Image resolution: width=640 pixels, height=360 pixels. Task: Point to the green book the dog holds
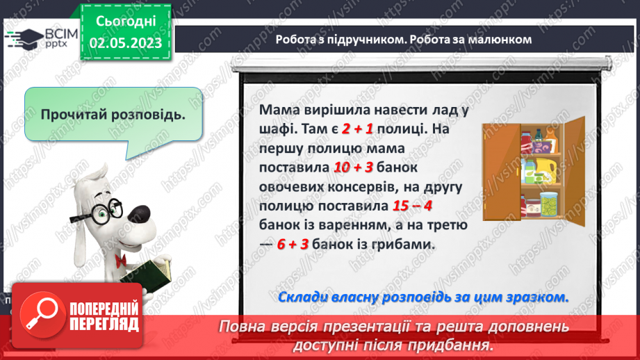coord(149,275)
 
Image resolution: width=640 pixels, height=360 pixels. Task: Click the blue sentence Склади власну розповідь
coord(422,297)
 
